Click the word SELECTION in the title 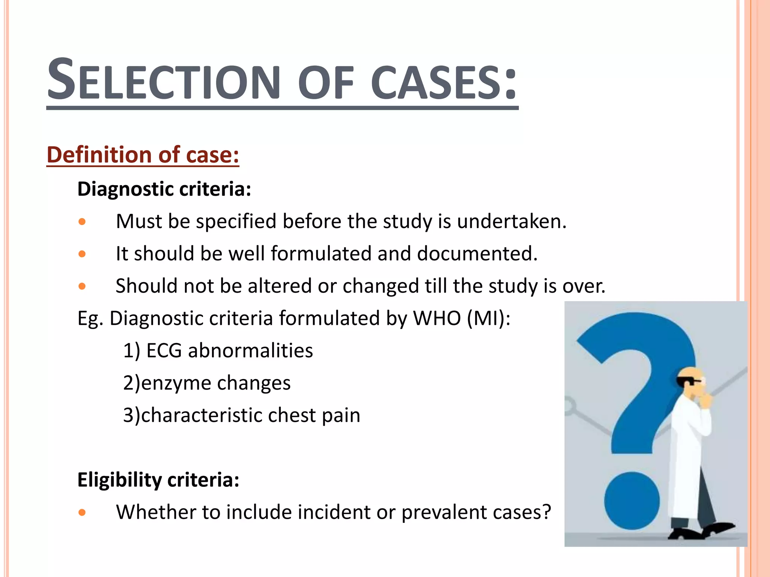click(164, 81)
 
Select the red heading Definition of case click(142, 155)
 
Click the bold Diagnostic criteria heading click(164, 189)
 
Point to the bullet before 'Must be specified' click(82, 222)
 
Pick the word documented click(477, 254)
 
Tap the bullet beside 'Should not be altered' click(82, 287)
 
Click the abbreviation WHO click(437, 318)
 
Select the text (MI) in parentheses click(488, 318)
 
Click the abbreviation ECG click(164, 350)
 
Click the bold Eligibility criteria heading click(158, 480)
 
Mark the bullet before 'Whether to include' click(82, 512)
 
